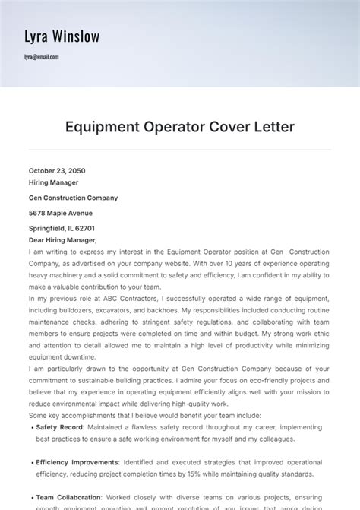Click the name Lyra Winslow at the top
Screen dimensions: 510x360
tap(62, 36)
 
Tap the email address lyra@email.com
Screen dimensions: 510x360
tap(41, 57)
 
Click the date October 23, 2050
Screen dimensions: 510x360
tap(57, 171)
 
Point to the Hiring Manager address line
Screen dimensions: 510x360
tap(53, 182)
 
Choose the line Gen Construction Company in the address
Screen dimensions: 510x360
tap(73, 198)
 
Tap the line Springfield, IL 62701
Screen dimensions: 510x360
tap(62, 228)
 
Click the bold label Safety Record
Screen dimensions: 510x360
tap(59, 427)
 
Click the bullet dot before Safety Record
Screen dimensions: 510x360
tap(31, 428)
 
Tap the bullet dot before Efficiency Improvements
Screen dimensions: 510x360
tap(31, 462)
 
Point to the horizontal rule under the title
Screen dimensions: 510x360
tap(179, 150)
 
